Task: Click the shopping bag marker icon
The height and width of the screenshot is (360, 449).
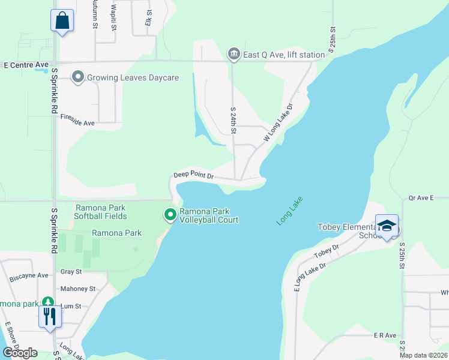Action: (x=62, y=20)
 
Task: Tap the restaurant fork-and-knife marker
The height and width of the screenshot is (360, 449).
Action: (x=50, y=316)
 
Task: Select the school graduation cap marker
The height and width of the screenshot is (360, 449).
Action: (x=387, y=226)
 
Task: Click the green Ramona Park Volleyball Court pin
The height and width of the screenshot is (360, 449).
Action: (x=170, y=214)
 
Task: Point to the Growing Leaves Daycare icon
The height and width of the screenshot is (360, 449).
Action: (x=77, y=77)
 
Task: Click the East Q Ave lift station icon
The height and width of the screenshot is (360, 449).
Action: (x=233, y=55)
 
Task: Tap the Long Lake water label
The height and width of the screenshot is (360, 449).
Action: (x=290, y=211)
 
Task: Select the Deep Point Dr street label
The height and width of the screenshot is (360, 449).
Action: (x=194, y=176)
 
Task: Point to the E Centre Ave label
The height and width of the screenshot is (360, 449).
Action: (x=26, y=65)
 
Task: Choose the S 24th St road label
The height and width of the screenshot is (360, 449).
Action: (x=234, y=121)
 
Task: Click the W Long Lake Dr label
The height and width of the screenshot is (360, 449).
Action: (x=278, y=123)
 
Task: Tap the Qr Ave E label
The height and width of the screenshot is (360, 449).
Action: (x=420, y=197)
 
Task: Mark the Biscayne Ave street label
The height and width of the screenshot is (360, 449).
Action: (x=29, y=276)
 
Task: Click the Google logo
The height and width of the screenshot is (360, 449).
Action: (x=20, y=352)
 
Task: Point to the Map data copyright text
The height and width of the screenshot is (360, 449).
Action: (x=423, y=355)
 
